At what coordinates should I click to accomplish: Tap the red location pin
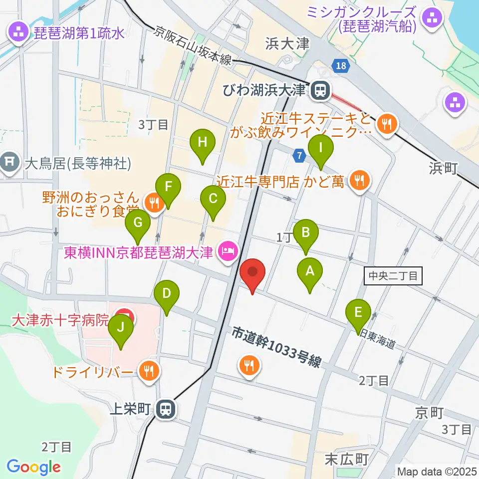click(x=252, y=274)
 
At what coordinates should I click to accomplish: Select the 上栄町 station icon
click(x=164, y=410)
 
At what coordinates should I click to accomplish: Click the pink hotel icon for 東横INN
click(x=227, y=249)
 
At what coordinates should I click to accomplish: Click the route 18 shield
click(x=340, y=66)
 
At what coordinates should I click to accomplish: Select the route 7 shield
click(x=299, y=156)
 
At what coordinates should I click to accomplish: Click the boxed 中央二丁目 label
click(x=394, y=276)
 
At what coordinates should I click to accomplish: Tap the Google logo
click(x=33, y=467)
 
